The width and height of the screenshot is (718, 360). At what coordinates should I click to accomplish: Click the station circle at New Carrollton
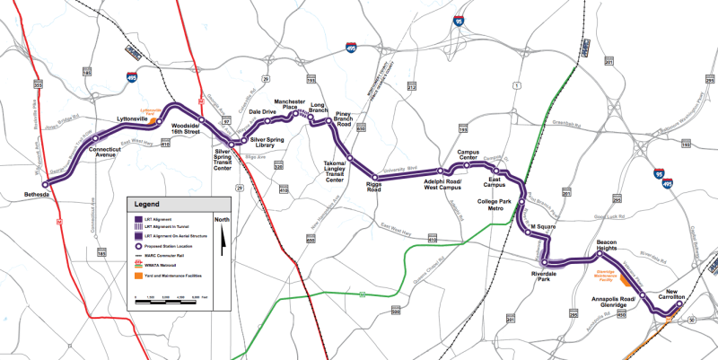pyautogui.click(x=679, y=303)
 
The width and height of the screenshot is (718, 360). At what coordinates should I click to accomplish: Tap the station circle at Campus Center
pyautogui.click(x=467, y=166)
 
